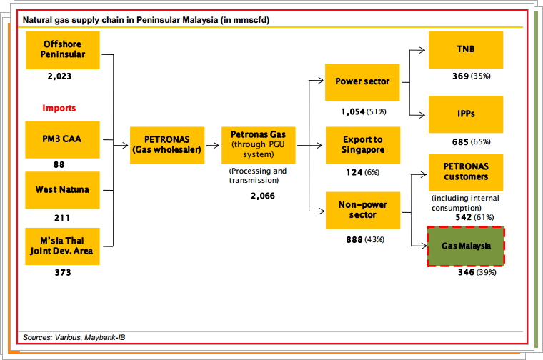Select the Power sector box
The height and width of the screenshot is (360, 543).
(362, 82)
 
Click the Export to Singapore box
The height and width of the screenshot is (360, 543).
(362, 145)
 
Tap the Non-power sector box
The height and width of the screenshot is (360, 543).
(362, 209)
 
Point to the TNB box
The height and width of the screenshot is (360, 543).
(465, 50)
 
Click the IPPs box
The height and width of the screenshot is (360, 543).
(465, 114)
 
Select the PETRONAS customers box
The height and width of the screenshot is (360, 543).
(465, 171)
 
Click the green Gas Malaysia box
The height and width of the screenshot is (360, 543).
(465, 246)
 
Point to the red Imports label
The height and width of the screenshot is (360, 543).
(59, 109)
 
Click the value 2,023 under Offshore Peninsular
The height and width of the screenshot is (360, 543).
(59, 75)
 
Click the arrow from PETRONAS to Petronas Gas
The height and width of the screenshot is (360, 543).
(213, 145)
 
